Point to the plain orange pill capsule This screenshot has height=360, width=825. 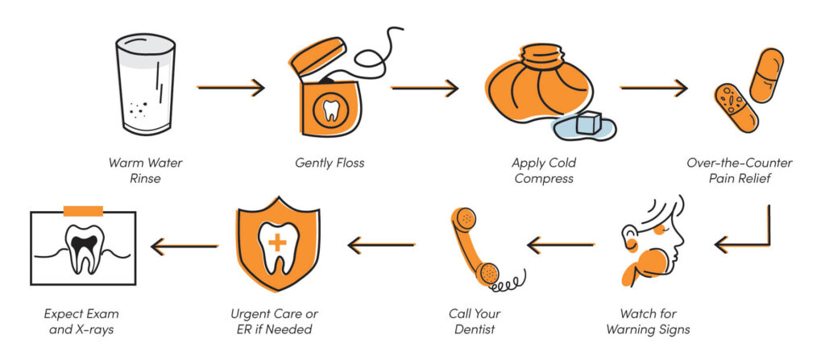[765, 75]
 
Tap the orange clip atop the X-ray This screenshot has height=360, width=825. [83, 211]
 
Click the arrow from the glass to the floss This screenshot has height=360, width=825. [231, 87]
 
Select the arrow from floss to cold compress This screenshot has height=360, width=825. [425, 87]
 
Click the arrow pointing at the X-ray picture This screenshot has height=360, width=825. [184, 245]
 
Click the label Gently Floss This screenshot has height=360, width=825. [330, 163]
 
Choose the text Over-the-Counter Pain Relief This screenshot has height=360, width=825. [739, 170]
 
